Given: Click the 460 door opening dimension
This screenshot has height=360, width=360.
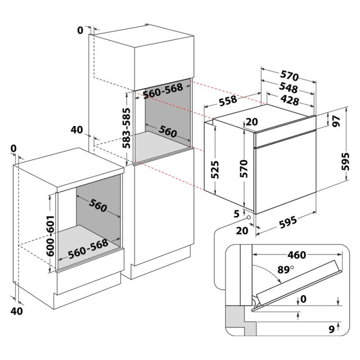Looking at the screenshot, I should pos(297,255).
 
